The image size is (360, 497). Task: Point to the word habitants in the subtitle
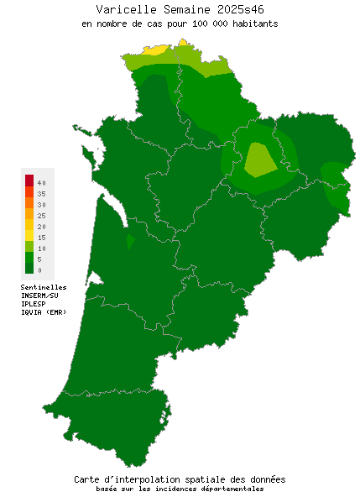pyautogui.click(x=252, y=24)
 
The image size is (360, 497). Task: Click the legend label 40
pyautogui.click(x=41, y=182)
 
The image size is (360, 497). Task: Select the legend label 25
pyautogui.click(x=41, y=216)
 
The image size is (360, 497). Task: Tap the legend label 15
pyautogui.click(x=41, y=238)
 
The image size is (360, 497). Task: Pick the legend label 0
pyautogui.click(x=39, y=270)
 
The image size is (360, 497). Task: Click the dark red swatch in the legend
pyautogui.click(x=29, y=180)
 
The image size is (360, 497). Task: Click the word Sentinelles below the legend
pyautogui.click(x=44, y=287)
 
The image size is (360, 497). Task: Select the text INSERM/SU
pyautogui.click(x=39, y=296)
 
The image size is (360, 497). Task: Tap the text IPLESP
pyautogui.click(x=34, y=304)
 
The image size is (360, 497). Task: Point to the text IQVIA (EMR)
pyautogui.click(x=43, y=312)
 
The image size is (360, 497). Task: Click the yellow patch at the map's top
pyautogui.click(x=154, y=50)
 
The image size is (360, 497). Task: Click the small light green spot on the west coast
pyautogui.click(x=130, y=242)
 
